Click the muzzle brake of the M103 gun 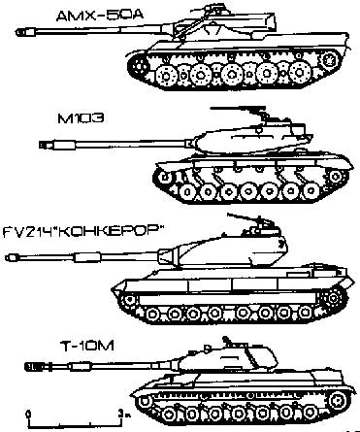click(x=44, y=144)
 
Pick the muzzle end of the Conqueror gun click(x=9, y=258)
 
